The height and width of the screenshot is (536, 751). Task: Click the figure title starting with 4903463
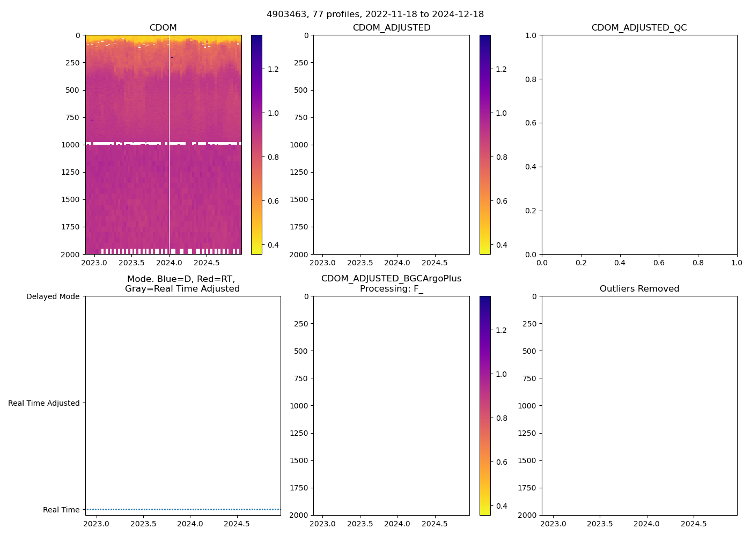pos(375,14)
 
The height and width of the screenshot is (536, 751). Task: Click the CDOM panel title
pos(163,27)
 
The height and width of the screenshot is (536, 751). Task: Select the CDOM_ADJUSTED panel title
pos(391,27)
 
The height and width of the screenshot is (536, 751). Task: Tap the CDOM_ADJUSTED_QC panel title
pos(639,27)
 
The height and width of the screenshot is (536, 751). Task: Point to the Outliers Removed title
pos(639,288)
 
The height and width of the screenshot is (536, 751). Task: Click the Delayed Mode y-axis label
pos(53,296)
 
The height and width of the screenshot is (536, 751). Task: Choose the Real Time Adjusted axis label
pos(43,403)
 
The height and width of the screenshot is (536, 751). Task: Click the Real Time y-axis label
pos(61,510)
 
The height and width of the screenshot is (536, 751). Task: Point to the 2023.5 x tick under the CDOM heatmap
pos(131,263)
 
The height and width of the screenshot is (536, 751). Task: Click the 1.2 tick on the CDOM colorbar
pos(273,69)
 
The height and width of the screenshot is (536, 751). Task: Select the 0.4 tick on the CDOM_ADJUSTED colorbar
pos(501,245)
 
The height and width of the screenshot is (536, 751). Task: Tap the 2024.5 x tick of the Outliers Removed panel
pos(694,524)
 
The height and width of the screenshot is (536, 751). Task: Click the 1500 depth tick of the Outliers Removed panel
pos(527,460)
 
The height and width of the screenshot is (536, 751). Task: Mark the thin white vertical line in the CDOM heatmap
pos(169,161)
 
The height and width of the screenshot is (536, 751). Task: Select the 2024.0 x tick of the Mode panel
pos(190,524)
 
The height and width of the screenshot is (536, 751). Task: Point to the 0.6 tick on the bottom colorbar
pos(501,462)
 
